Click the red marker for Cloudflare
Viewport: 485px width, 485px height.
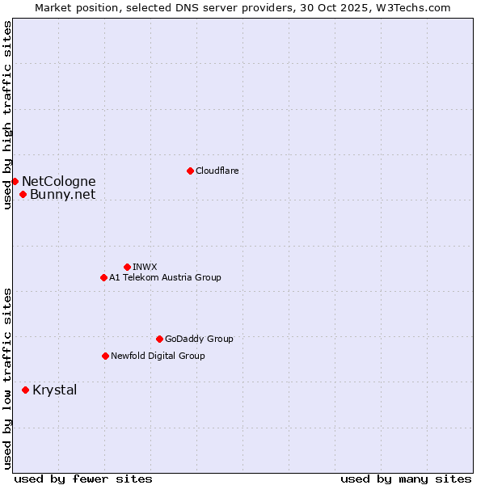point(190,171)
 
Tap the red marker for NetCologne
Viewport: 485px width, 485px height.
point(15,181)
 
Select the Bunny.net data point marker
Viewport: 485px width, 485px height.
point(23,194)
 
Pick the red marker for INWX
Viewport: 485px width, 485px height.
point(127,267)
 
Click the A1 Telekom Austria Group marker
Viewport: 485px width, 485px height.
point(103,277)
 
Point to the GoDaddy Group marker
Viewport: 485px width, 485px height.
point(159,339)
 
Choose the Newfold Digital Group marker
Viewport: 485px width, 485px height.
point(105,356)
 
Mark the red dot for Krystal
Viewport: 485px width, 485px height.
point(25,390)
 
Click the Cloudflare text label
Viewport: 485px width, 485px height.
point(217,171)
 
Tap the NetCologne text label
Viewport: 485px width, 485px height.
point(58,181)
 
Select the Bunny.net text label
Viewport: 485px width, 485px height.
point(62,194)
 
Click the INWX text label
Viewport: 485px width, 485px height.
point(145,267)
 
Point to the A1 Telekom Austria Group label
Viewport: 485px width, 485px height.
point(165,277)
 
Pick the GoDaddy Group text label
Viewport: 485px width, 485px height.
point(199,339)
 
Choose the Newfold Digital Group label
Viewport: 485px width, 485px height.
point(158,356)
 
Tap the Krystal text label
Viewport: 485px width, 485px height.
point(55,390)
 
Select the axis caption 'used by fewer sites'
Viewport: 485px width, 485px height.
point(83,479)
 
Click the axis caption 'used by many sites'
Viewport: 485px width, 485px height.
point(406,479)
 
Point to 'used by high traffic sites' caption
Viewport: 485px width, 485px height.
point(8,116)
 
